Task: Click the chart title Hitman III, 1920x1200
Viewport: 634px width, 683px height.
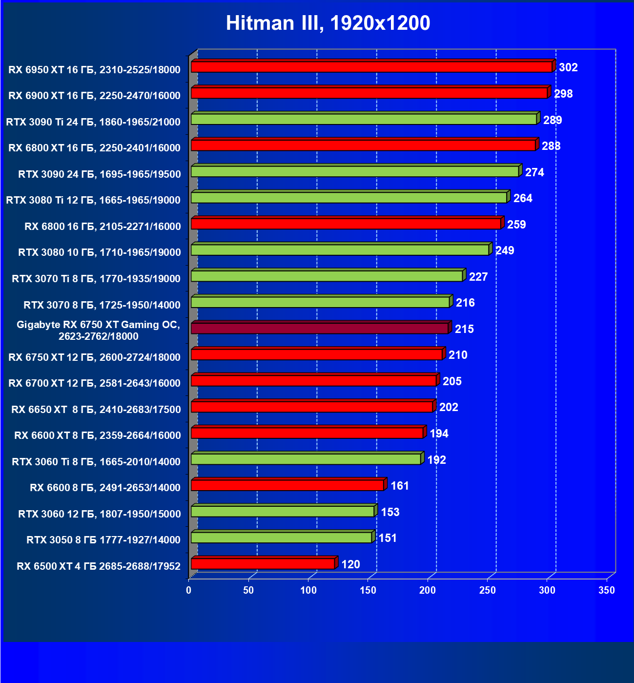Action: click(x=328, y=23)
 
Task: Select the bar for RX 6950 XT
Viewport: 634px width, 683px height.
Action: click(x=371, y=67)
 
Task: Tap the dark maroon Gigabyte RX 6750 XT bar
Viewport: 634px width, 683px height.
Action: click(x=319, y=328)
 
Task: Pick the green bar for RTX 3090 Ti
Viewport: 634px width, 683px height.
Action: click(x=364, y=119)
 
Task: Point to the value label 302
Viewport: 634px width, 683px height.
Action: click(x=568, y=67)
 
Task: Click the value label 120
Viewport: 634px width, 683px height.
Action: click(x=350, y=564)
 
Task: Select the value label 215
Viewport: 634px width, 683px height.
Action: click(x=464, y=329)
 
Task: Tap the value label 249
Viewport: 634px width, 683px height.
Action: click(x=505, y=250)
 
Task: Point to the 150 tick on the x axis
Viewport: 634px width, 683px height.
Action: click(x=368, y=590)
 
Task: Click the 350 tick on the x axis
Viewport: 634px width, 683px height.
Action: click(x=607, y=590)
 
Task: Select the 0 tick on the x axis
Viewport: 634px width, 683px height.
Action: click(x=189, y=590)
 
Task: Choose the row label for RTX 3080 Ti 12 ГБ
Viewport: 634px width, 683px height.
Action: click(x=93, y=200)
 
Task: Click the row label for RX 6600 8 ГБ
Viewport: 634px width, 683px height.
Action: click(x=105, y=488)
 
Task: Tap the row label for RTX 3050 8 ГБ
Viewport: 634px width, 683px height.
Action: click(x=103, y=540)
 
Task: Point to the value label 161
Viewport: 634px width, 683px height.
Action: click(x=400, y=486)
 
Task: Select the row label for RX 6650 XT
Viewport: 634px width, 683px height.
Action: click(x=96, y=410)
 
